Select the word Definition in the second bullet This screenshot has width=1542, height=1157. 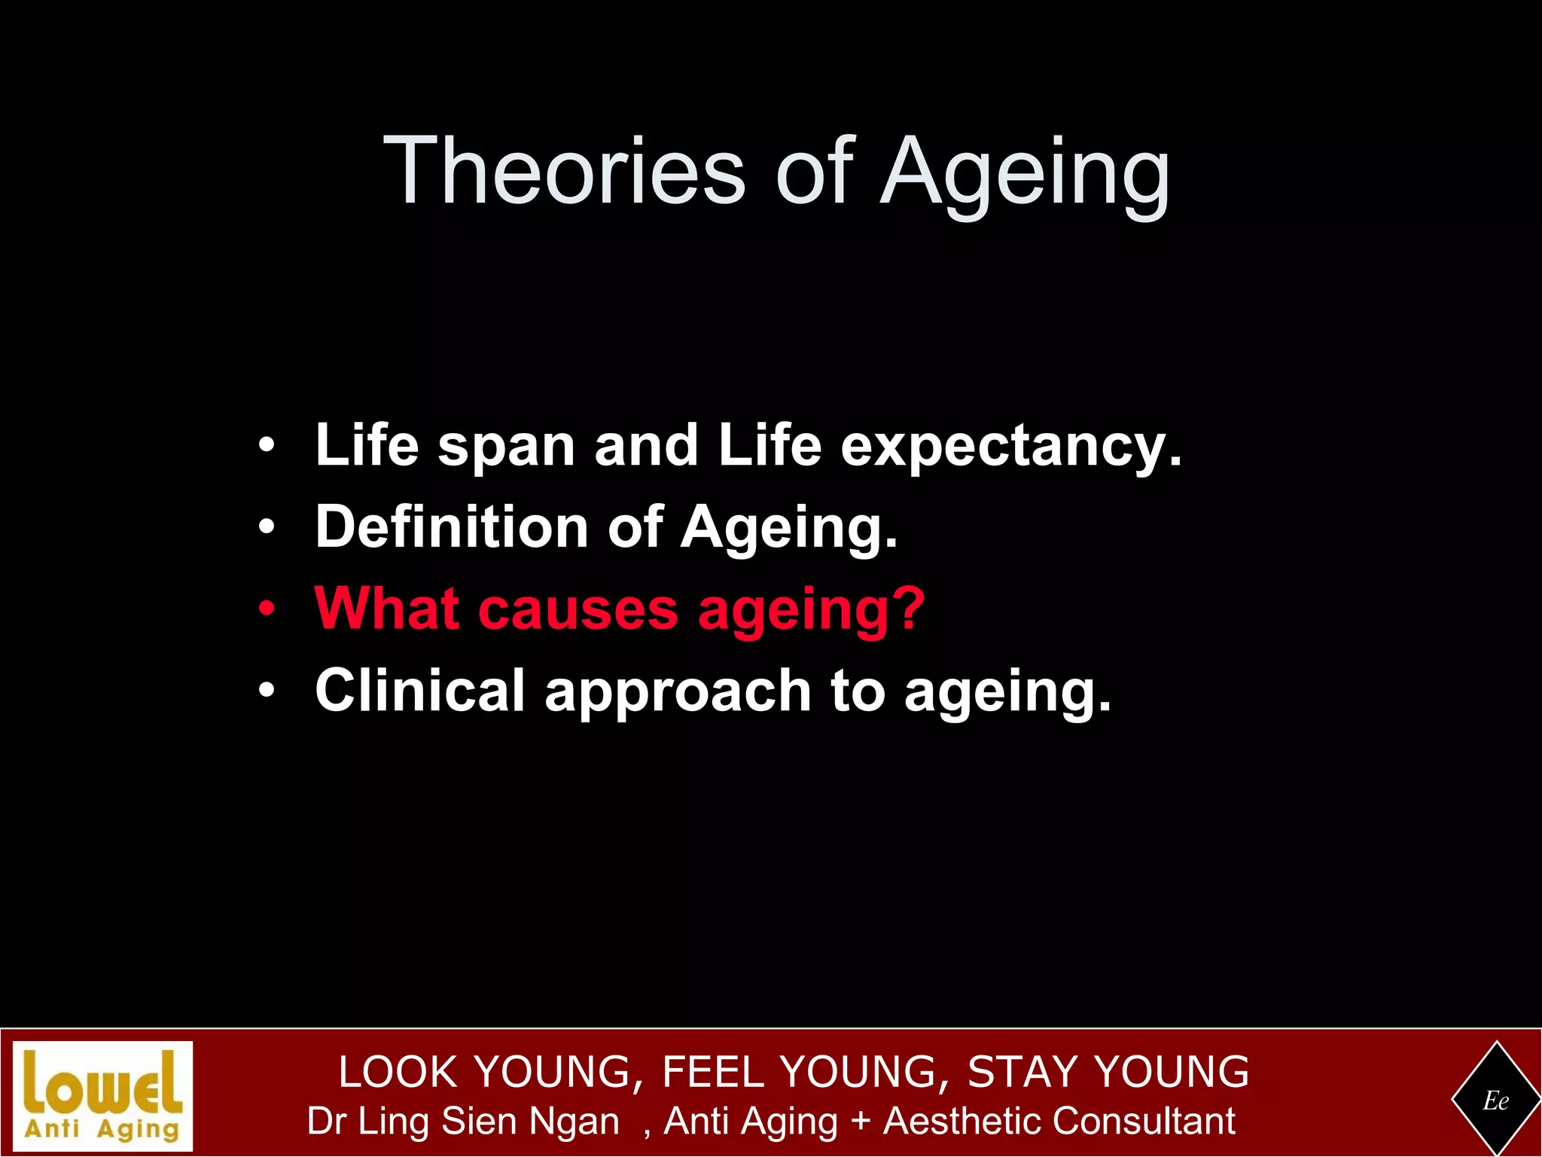pos(451,527)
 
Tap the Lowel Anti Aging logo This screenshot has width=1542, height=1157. pos(103,1096)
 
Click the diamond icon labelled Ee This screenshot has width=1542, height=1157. pos(1495,1101)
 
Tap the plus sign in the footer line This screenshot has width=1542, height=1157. pos(860,1122)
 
